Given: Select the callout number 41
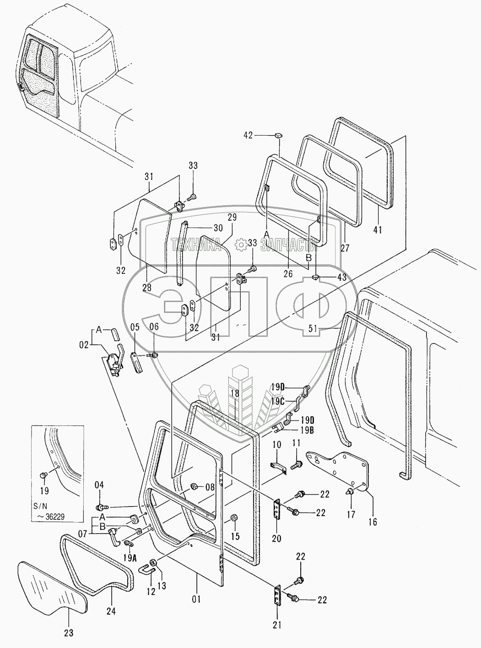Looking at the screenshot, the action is pos(377,230).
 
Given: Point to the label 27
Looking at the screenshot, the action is pos(345,248).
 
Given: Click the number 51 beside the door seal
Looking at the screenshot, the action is pos(313,329).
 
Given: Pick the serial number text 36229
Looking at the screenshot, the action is pos(55,517).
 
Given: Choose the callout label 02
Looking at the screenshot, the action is pos(84,345).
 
